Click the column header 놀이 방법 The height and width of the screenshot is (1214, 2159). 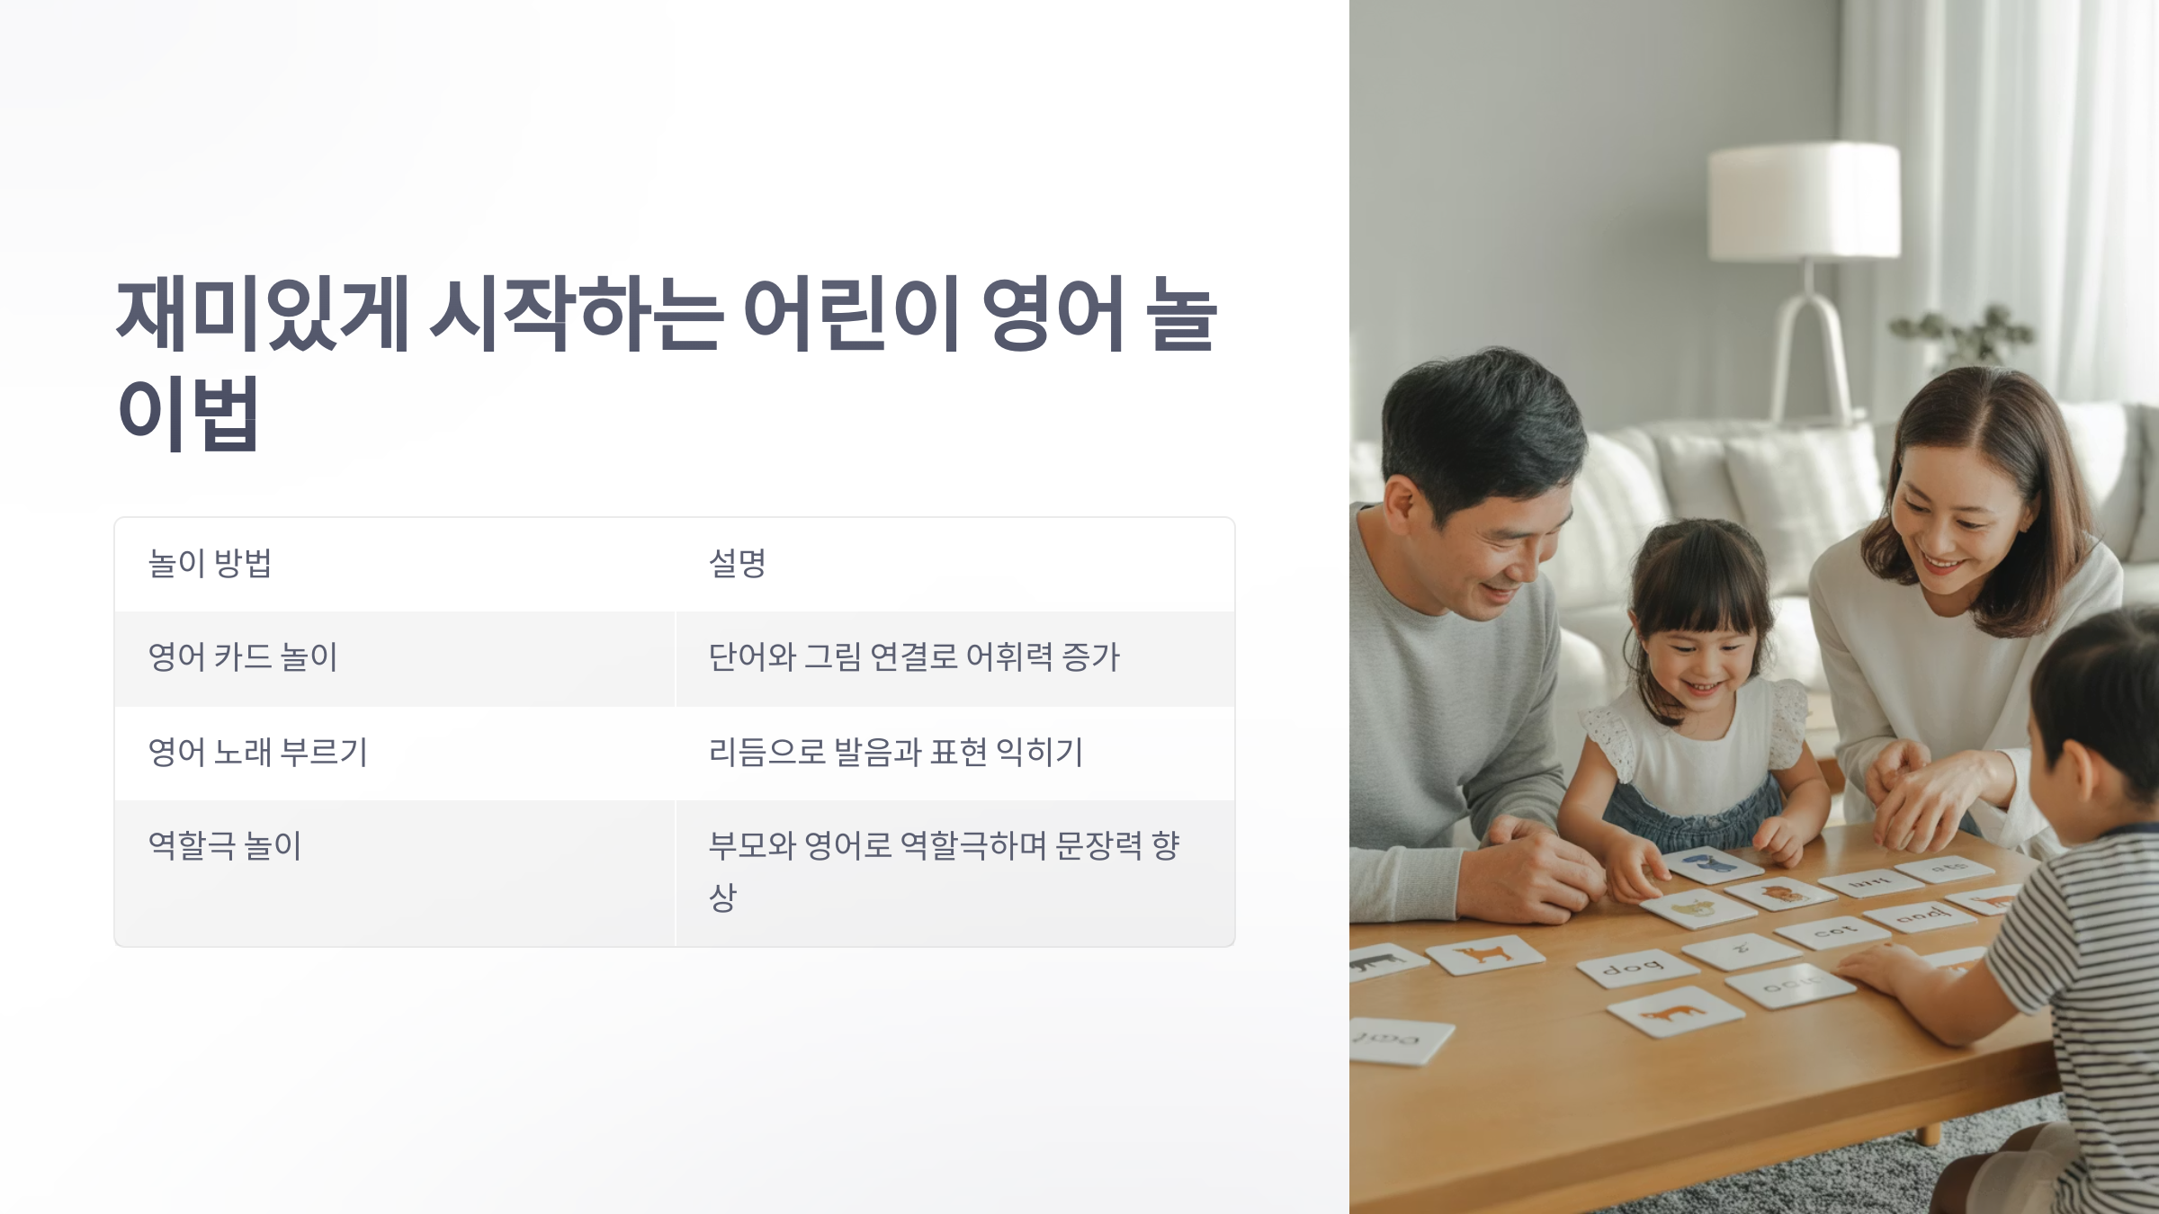coord(210,564)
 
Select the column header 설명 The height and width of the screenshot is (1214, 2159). coord(737,564)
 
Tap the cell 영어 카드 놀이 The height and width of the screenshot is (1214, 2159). coord(243,657)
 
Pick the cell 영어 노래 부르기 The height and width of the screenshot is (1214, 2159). coord(258,752)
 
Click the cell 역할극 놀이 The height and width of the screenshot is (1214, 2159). coord(225,845)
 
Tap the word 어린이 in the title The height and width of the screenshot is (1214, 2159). coord(851,314)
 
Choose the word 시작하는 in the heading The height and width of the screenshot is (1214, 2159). coord(576,314)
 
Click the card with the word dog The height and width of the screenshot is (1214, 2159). coord(1636,969)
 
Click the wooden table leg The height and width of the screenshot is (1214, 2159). coord(1927,1133)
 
